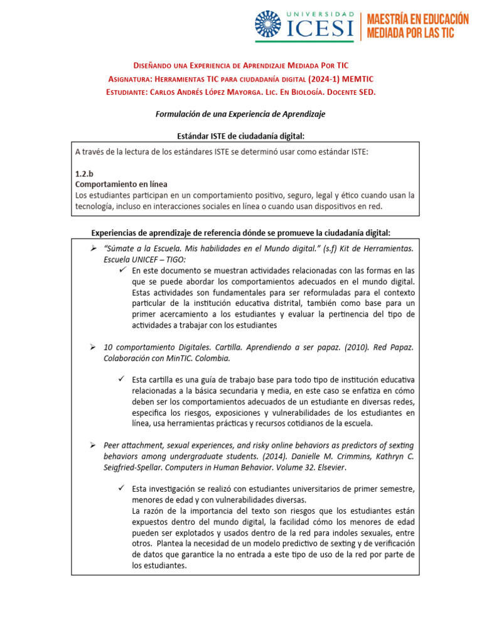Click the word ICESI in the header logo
click(x=320, y=28)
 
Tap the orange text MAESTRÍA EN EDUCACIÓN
click(x=417, y=19)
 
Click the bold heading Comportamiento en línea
click(x=121, y=185)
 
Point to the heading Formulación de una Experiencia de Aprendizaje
click(x=240, y=114)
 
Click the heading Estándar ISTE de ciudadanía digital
click(x=242, y=136)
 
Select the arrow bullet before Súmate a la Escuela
click(x=92, y=249)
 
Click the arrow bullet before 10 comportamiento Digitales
click(x=92, y=347)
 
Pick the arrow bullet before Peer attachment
click(x=92, y=445)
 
